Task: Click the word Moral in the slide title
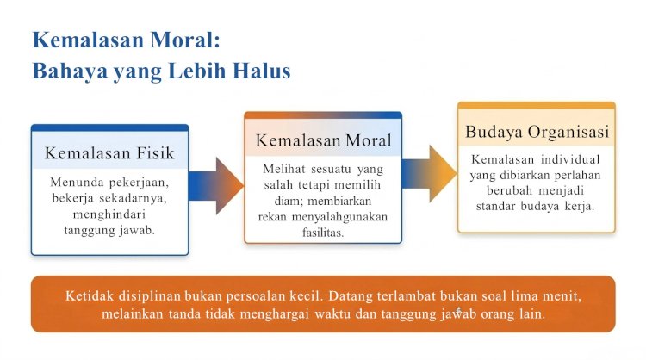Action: click(185, 40)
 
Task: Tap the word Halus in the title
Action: click(262, 71)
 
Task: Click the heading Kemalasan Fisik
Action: click(109, 153)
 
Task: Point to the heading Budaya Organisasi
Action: click(537, 132)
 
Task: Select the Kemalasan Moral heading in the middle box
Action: click(323, 140)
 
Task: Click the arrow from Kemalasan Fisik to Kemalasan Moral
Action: click(216, 186)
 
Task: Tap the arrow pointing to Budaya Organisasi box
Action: click(429, 173)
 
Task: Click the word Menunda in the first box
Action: click(71, 182)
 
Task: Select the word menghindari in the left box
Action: click(109, 214)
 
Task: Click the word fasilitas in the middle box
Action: click(323, 233)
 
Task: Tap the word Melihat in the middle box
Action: click(284, 169)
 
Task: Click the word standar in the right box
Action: click(495, 206)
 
